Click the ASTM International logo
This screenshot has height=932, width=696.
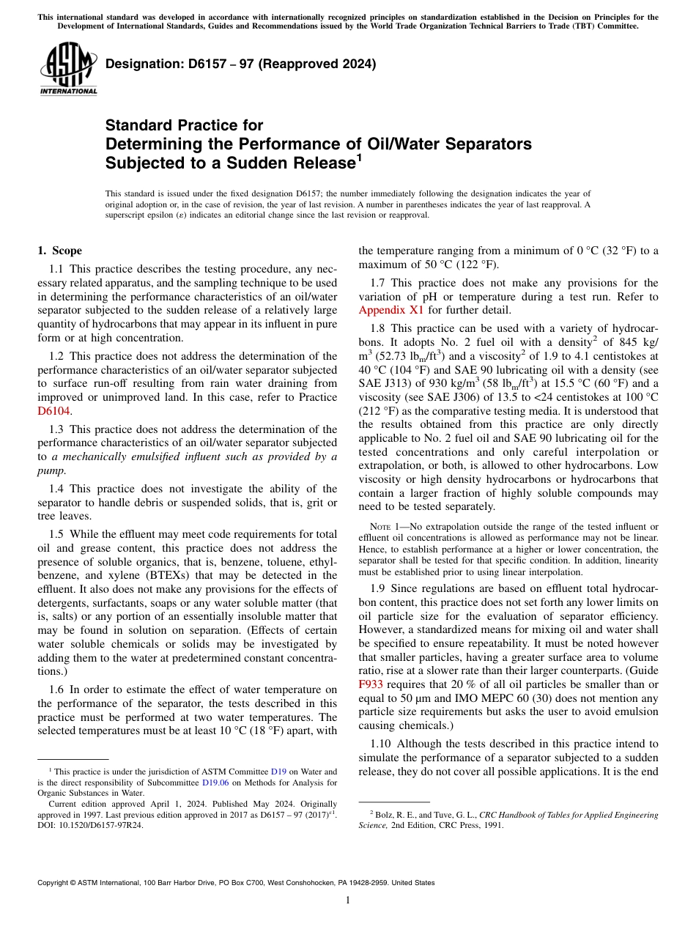[x=68, y=70]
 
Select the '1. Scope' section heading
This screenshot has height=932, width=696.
[x=60, y=251]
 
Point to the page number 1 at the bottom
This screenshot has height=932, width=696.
[x=348, y=900]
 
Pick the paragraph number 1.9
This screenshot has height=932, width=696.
[x=378, y=588]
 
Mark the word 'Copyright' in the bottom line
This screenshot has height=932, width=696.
[x=56, y=883]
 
